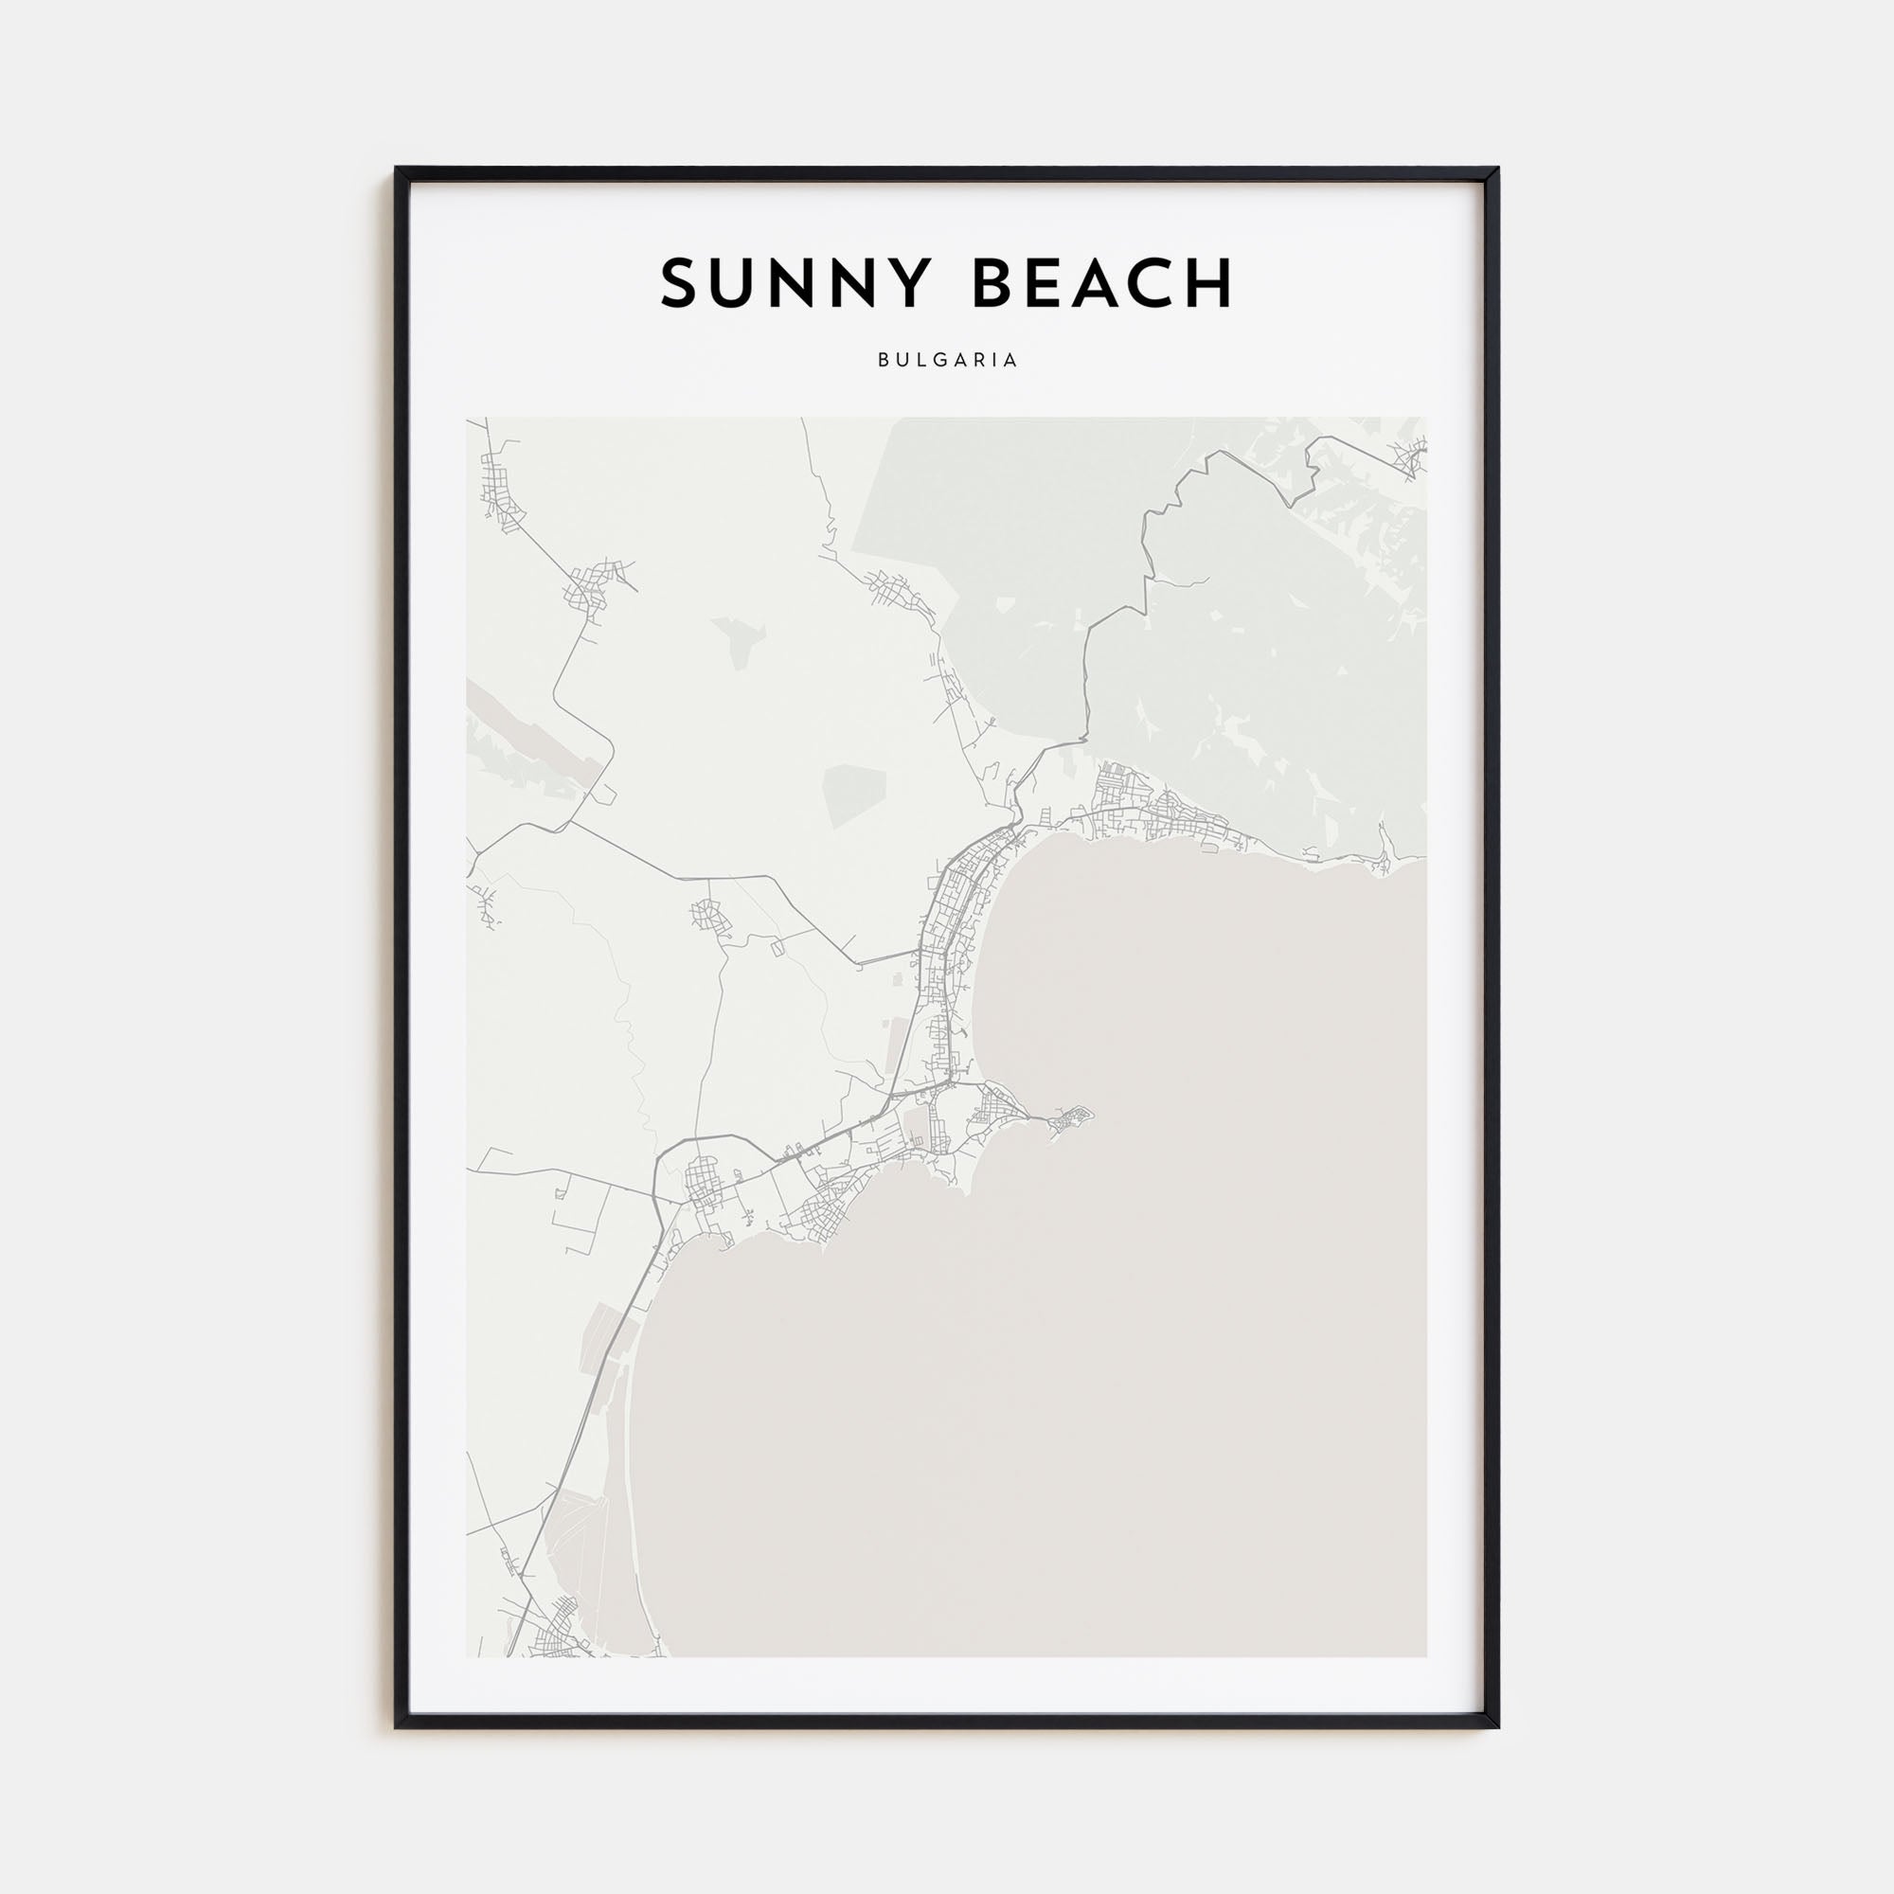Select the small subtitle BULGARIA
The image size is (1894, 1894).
(x=947, y=360)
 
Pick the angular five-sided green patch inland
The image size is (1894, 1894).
(x=854, y=795)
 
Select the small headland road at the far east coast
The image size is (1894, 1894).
(x=1383, y=856)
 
